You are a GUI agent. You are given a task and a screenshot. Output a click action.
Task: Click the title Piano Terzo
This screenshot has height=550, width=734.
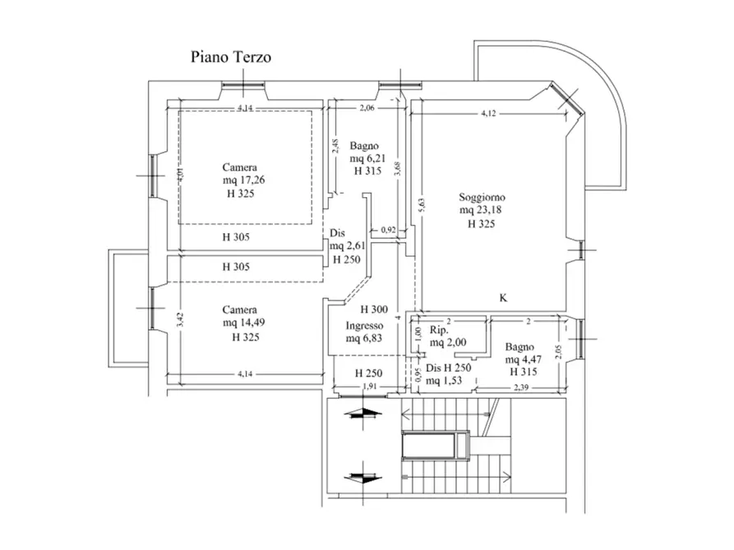[x=231, y=57]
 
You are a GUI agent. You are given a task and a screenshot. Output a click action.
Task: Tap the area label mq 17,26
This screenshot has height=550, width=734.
[x=246, y=180]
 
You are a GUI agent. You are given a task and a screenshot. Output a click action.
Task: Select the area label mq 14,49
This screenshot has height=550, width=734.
[x=246, y=323]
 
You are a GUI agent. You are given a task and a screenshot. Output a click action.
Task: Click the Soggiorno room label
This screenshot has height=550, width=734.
[x=482, y=198]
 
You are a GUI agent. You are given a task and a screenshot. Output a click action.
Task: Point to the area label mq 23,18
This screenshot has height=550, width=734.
[x=482, y=210]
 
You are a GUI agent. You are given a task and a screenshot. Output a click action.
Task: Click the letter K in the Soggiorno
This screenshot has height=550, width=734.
[x=503, y=297]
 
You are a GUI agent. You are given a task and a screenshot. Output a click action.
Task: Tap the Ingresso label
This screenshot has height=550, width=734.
[x=364, y=326]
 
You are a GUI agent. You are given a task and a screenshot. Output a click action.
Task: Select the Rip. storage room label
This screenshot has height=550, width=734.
[x=439, y=330]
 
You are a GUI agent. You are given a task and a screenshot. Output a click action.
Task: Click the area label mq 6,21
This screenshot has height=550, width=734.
[x=367, y=158]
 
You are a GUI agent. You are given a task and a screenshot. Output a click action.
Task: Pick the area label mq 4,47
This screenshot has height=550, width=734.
[x=524, y=360]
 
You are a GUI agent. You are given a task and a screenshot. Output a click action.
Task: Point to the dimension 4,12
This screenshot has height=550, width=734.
[x=488, y=113]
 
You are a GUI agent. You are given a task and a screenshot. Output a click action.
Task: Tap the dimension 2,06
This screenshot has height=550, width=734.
[x=367, y=108]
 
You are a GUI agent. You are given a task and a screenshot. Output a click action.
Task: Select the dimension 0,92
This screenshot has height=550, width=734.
[x=388, y=230]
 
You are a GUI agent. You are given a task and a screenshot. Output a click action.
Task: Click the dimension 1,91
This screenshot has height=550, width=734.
[x=369, y=387]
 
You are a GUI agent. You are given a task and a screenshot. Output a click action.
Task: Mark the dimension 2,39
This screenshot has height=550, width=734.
[x=521, y=387]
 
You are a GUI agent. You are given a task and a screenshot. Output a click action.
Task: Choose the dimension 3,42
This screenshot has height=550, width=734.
[x=182, y=320]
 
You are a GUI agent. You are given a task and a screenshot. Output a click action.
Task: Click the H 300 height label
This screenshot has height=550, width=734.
[x=374, y=309]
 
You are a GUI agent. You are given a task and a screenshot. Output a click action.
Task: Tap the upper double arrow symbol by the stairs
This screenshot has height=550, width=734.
[x=363, y=414]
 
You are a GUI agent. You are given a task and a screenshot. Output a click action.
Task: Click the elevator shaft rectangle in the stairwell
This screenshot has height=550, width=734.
[x=435, y=446]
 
